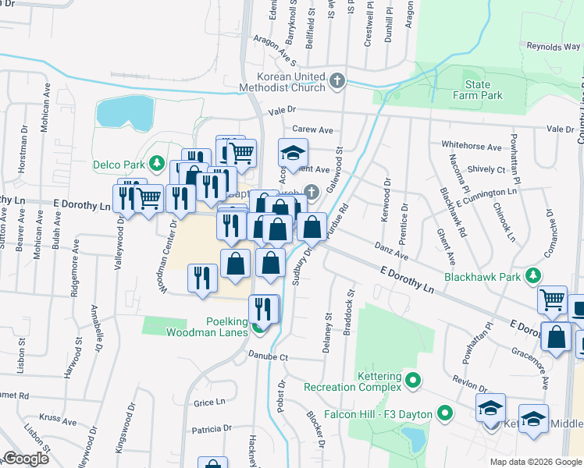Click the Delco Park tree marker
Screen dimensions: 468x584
(x=157, y=164)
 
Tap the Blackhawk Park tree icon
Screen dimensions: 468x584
(x=533, y=275)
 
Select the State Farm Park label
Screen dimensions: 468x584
(x=478, y=90)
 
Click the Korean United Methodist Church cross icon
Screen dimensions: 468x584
(x=337, y=81)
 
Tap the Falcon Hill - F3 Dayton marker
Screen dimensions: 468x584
(x=446, y=412)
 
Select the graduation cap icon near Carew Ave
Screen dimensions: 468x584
(x=294, y=154)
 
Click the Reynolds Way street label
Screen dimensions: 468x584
(x=553, y=47)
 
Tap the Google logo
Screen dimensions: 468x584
(x=26, y=459)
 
